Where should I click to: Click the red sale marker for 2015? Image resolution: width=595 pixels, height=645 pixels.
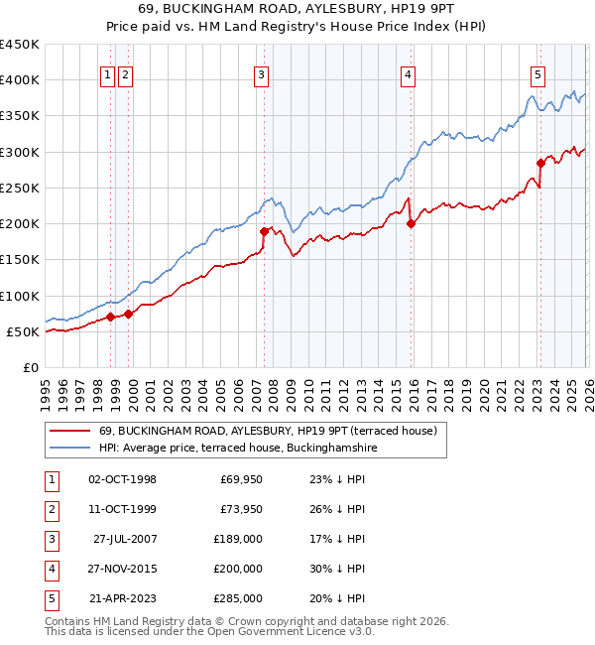[411, 223]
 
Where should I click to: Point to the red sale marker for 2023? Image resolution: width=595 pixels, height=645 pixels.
[540, 163]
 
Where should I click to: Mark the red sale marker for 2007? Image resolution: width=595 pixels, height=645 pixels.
[264, 231]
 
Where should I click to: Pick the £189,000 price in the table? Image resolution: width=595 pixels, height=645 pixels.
[239, 539]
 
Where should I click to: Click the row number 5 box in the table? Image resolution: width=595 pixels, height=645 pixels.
[50, 598]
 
